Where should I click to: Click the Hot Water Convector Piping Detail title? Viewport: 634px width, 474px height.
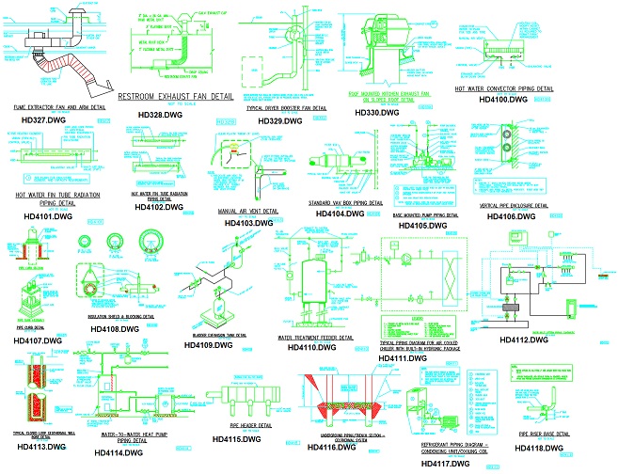(x=503, y=89)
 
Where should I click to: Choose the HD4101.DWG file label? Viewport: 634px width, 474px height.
(x=44, y=216)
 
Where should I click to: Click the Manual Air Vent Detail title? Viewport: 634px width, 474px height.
(x=248, y=212)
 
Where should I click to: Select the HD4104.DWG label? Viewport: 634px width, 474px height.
(x=340, y=213)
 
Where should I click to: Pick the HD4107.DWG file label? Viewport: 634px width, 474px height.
(x=38, y=340)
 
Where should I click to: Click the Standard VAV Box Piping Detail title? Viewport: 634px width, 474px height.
(x=349, y=202)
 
